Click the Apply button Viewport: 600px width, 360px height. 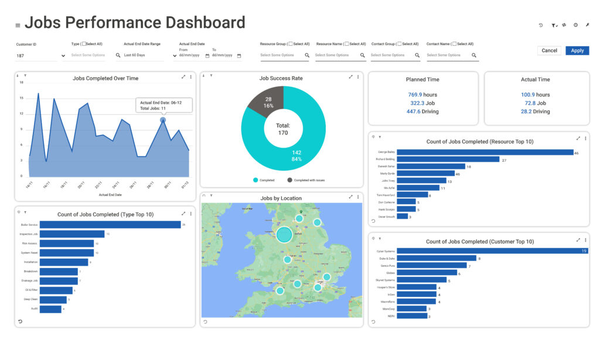click(577, 50)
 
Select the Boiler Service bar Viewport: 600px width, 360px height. click(110, 225)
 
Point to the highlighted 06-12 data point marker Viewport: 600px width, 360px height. click(163, 120)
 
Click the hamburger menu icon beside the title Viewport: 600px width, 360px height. click(18, 25)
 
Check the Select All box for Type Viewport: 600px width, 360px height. click(84, 44)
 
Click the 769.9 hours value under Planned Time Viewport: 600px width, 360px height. click(422, 94)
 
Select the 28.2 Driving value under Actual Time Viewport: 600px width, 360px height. click(535, 111)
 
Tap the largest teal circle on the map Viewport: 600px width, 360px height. click(284, 235)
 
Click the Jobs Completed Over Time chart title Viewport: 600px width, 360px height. click(105, 78)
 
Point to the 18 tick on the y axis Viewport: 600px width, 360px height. click(21, 83)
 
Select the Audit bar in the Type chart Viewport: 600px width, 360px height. click(50, 309)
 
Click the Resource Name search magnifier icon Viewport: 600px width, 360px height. click(361, 55)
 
